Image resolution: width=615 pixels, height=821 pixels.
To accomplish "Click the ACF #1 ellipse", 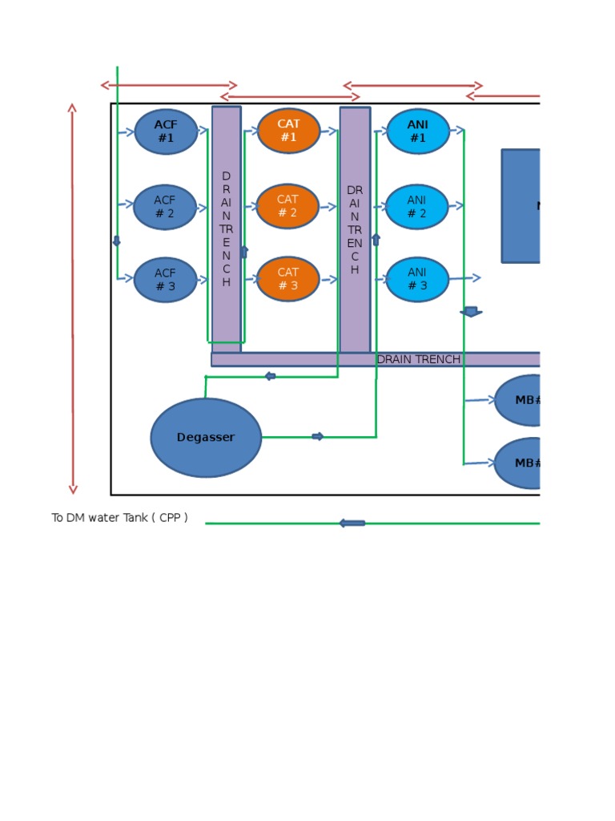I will tap(166, 131).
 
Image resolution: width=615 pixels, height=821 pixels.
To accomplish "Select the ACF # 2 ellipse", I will tap(165, 207).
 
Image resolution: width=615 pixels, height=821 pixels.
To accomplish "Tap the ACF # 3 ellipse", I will tap(165, 280).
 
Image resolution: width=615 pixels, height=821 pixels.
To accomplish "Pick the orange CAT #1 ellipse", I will tap(288, 131).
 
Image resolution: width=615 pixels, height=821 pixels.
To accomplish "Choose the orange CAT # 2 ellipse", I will tap(287, 206).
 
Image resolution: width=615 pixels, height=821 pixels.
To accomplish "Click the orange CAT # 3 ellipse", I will tap(287, 279).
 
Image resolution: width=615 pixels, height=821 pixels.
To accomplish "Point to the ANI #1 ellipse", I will tap(418, 131).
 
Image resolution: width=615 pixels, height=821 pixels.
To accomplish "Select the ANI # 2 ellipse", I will tap(417, 207).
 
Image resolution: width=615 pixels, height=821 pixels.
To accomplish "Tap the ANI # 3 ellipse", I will tap(417, 279).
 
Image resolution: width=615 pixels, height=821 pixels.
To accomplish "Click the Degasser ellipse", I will tap(206, 438).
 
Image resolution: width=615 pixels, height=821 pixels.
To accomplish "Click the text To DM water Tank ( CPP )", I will tap(120, 518).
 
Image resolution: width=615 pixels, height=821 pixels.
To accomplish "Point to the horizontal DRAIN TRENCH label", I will tap(418, 359).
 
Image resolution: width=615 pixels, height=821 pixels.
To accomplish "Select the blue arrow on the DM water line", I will tap(352, 524).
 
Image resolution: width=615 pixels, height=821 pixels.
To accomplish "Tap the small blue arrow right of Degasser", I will tap(318, 436).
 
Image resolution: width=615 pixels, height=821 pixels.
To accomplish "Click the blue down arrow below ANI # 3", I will tap(472, 311).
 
